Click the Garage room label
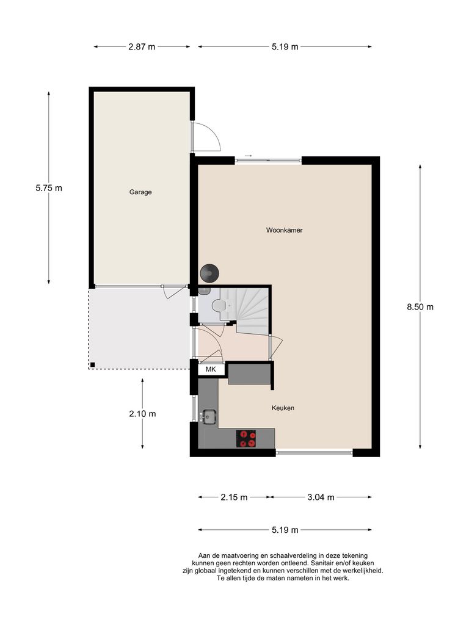tap(140, 192)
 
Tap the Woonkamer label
tap(285, 230)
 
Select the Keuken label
tap(284, 408)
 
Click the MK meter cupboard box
tap(211, 370)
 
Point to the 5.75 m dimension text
tap(49, 188)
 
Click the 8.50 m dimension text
tap(420, 307)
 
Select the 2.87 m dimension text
tap(142, 47)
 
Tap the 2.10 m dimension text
tap(142, 413)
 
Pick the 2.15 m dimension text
tap(234, 497)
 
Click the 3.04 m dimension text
tap(321, 497)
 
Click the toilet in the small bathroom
tap(217, 306)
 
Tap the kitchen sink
tap(209, 417)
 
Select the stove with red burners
tap(247, 438)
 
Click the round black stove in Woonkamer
tap(210, 272)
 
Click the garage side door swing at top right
tap(208, 136)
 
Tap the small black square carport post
tap(92, 365)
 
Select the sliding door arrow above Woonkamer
tap(248, 157)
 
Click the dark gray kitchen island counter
tap(250, 373)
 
